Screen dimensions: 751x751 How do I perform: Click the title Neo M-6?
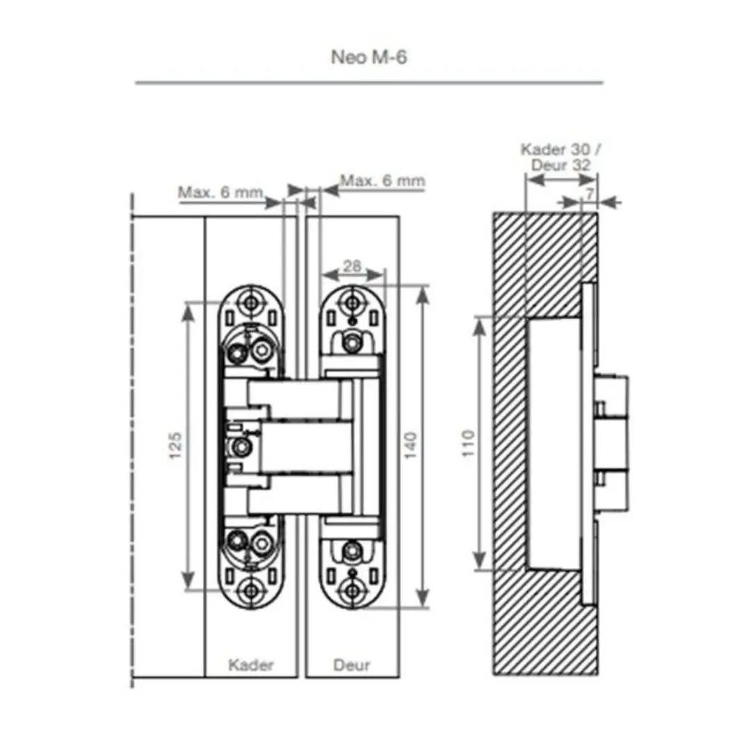pos(369,58)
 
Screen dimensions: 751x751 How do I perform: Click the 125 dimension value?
pos(176,446)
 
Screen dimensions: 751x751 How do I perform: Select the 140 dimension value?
pos(410,446)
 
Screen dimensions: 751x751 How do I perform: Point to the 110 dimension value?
pos(469,444)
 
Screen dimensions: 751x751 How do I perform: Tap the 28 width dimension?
pos(352,266)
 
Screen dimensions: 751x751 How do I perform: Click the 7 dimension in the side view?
pos(590,193)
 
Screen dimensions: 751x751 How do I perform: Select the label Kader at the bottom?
pos(250,665)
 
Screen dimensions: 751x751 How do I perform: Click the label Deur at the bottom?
pos(352,665)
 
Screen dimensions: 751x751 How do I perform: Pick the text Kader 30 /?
pos(560,150)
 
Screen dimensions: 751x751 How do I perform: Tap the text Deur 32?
pos(560,165)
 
